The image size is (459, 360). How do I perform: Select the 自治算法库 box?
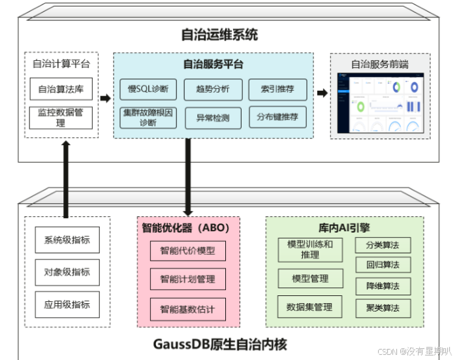(61, 90)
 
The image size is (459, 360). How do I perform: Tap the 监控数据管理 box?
(61, 118)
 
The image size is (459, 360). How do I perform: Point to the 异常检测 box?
(213, 118)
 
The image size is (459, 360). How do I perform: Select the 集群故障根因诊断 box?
(148, 118)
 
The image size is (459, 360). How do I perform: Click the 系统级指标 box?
(67, 240)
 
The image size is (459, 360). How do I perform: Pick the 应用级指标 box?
(67, 304)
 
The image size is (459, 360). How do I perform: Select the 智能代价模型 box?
(187, 250)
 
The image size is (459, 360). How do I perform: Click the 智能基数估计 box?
(187, 308)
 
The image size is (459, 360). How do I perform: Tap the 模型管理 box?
(310, 278)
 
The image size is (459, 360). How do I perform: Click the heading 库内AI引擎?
(345, 228)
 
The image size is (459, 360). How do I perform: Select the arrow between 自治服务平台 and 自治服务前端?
(322, 93)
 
